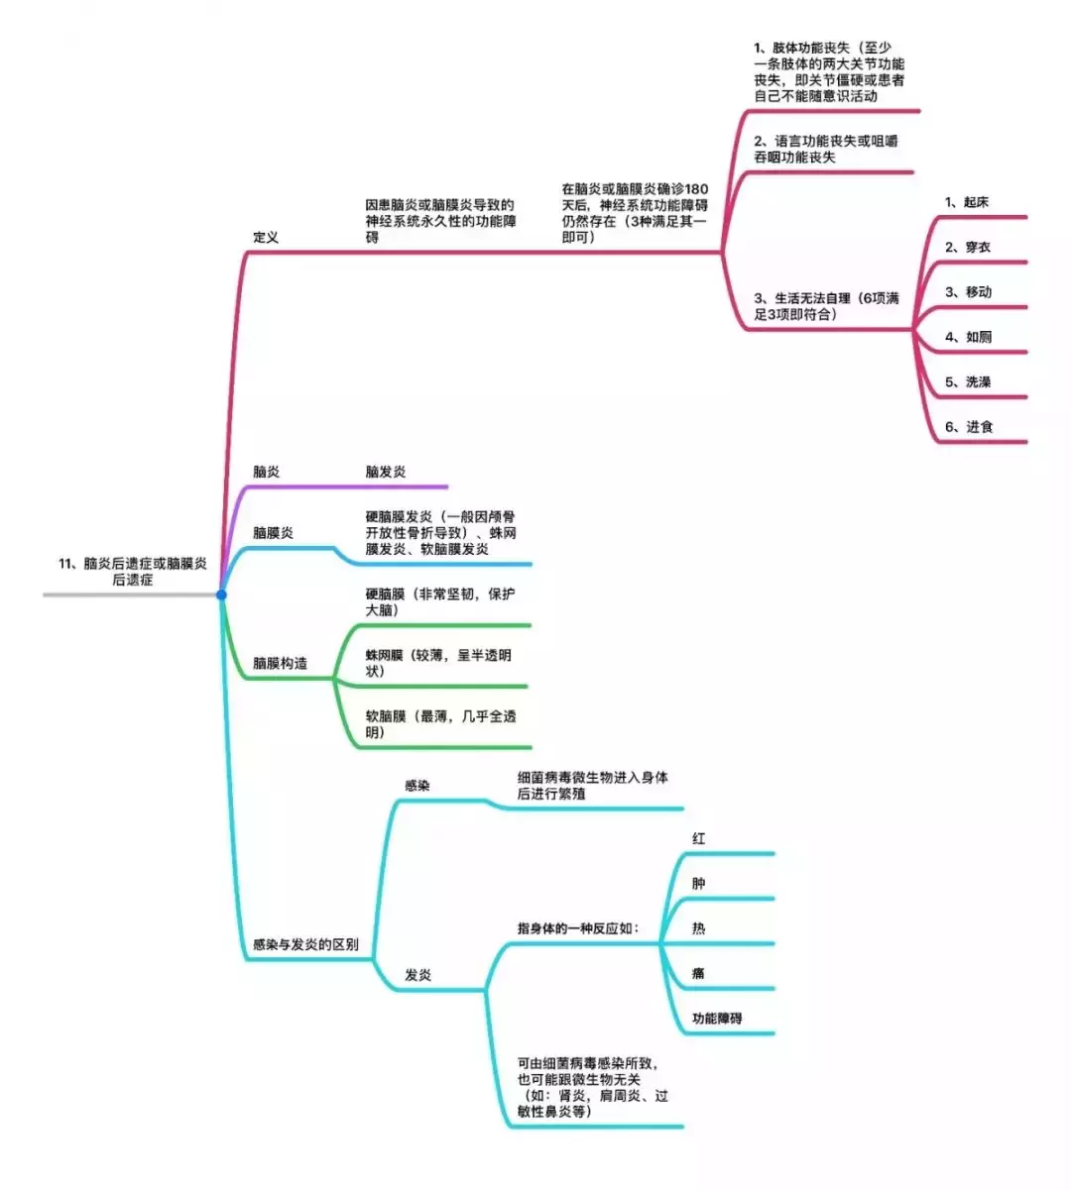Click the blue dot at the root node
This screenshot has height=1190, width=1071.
221,595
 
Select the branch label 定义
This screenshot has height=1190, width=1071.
266,237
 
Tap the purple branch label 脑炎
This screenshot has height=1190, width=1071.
266,472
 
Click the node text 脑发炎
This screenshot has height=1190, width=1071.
386,472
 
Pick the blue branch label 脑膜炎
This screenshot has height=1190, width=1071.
274,532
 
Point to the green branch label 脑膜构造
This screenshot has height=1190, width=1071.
280,663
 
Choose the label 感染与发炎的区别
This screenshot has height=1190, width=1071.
305,944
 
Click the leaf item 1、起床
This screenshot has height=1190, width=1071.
967,202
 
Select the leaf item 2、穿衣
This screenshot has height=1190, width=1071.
968,247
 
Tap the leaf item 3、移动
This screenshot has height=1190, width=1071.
968,292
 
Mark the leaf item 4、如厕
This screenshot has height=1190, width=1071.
968,337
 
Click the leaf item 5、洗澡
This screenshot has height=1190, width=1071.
968,381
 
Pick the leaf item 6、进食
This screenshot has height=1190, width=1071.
969,426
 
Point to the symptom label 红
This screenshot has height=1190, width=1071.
698,838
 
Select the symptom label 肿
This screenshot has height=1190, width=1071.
698,883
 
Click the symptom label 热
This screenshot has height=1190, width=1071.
698,927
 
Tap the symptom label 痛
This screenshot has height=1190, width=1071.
698,973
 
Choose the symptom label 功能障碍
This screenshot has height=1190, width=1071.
717,1018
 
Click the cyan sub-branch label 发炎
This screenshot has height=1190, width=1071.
417,975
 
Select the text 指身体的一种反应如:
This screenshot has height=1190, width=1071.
578,928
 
